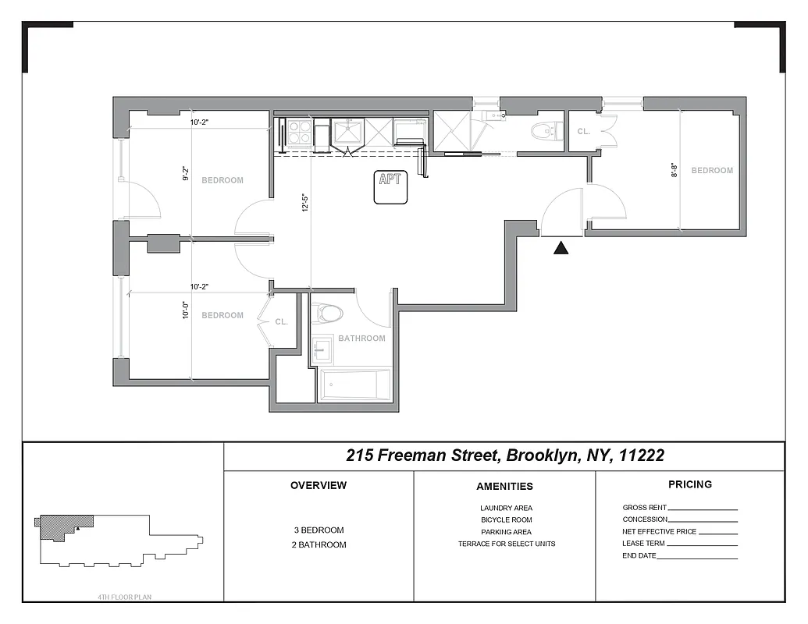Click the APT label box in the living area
coord(390,187)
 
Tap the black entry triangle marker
coord(561,248)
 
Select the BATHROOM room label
coord(361,339)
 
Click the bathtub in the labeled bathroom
coord(354,385)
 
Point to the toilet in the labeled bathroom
coord(329,314)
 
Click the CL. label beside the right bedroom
coord(584,132)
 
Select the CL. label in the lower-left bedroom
coord(282,321)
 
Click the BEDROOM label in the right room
coord(712,170)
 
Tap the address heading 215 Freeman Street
coord(505,456)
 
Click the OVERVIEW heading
coord(319,485)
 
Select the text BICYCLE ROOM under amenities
coord(506,519)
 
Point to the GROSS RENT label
coord(644,508)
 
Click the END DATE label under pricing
coord(639,555)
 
